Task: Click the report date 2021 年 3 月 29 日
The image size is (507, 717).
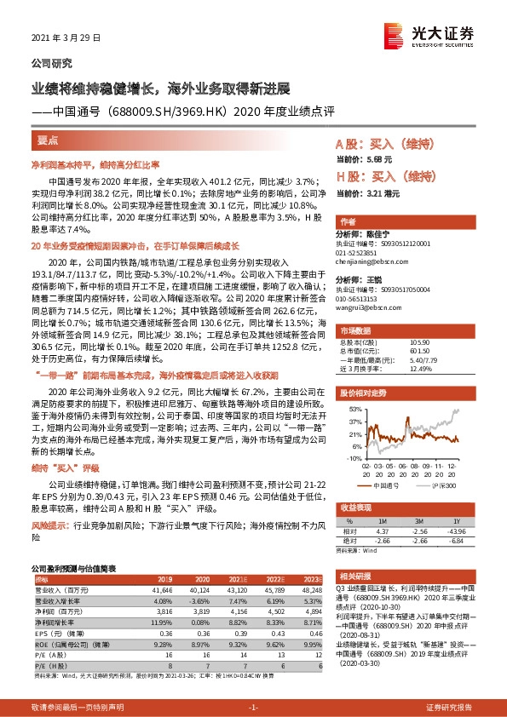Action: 66,37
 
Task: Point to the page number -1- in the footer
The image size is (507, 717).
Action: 253,707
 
